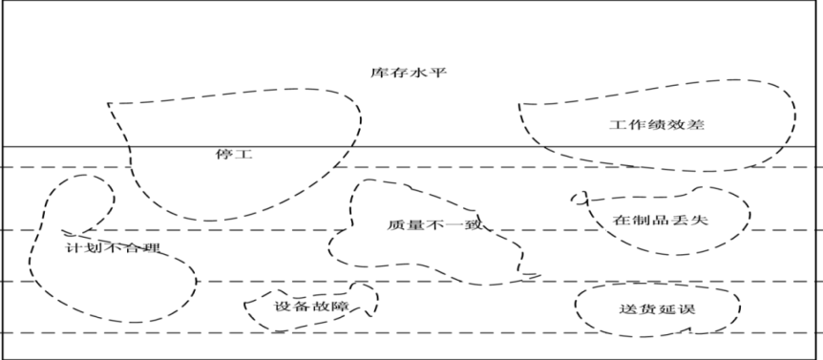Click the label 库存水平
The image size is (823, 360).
[x=409, y=73]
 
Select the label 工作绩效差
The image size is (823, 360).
[x=657, y=125]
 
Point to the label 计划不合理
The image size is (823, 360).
[x=113, y=247]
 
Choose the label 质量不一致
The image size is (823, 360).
[x=434, y=225]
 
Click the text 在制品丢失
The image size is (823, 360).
[x=661, y=220]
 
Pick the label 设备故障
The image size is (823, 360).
[x=311, y=307]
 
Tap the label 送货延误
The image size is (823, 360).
[x=658, y=309]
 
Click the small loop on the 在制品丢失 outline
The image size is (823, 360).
[x=579, y=198]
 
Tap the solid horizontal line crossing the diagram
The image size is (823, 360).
[x=411, y=147]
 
